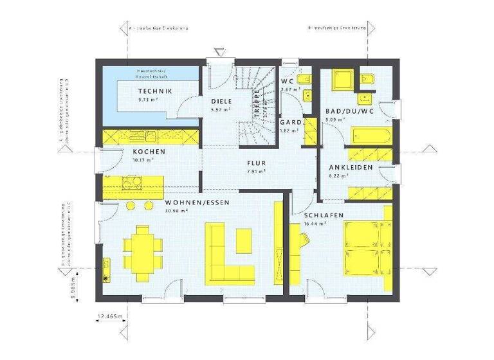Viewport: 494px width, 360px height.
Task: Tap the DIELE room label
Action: point(221,102)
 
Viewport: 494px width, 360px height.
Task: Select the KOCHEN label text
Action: point(149,152)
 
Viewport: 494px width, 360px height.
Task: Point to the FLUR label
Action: point(256,163)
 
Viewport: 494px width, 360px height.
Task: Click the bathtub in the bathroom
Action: point(370,137)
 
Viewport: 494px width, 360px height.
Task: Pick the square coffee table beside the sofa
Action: point(243,240)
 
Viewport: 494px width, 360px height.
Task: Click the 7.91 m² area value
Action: point(256,172)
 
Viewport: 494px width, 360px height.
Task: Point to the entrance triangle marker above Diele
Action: point(221,50)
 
